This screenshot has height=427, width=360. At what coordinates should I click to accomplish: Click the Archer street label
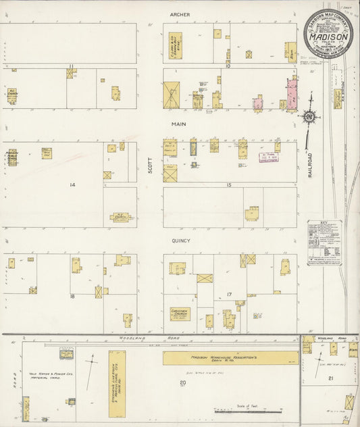[x=180, y=14]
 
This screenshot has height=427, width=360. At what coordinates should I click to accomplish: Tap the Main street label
[x=178, y=124]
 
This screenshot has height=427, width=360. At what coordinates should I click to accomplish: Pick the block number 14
[x=72, y=184]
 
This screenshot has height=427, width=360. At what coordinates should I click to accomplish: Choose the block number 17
[x=229, y=294]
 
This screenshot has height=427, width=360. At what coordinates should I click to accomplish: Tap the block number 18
[x=71, y=296]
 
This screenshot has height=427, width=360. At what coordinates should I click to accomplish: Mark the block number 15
[x=228, y=184]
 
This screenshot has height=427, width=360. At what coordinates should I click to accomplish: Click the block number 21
[x=330, y=378]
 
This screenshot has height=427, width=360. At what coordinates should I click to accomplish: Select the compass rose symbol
[x=309, y=118]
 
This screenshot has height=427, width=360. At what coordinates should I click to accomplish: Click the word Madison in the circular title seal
[x=328, y=29]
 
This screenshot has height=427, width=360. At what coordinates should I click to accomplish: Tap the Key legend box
[x=324, y=242]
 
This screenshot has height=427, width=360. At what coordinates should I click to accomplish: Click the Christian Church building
[x=180, y=314]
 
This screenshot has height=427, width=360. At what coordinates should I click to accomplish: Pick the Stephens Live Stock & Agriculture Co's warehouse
[x=117, y=382]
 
